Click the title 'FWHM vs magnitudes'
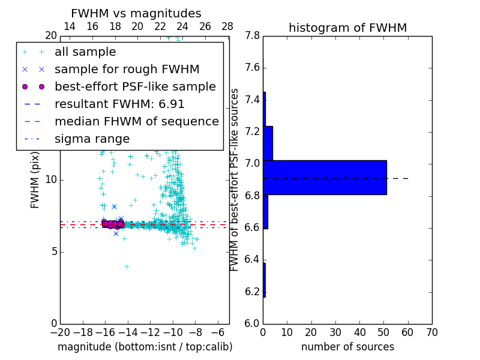(136, 14)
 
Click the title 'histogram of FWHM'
(347, 28)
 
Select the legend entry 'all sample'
(85, 52)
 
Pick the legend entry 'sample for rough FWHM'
(127, 70)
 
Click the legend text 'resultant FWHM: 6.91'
(119, 104)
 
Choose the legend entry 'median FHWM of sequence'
(136, 122)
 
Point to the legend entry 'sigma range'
(92, 139)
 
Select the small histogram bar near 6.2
(264, 280)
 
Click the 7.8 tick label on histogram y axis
(251, 36)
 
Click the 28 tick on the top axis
(227, 26)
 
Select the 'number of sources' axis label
(347, 347)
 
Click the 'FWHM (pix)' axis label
(35, 179)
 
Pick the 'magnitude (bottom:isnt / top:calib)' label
(145, 347)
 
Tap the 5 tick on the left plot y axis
(52, 251)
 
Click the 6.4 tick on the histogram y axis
(251, 260)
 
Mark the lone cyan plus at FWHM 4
(127, 266)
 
